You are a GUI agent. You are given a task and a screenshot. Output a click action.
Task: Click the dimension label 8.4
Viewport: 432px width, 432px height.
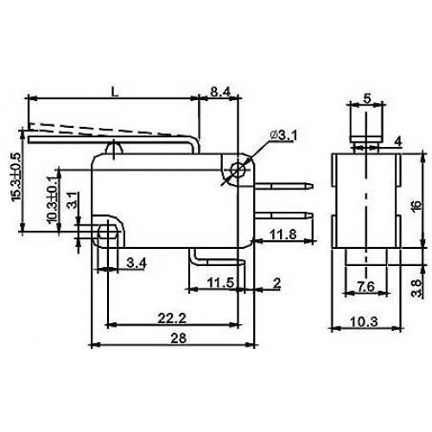pyautogui.click(x=220, y=92)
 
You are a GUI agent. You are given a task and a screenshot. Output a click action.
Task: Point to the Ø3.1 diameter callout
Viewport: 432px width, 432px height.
pyautogui.click(x=284, y=135)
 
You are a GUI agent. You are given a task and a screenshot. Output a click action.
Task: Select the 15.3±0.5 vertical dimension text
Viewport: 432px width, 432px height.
pyautogui.click(x=16, y=176)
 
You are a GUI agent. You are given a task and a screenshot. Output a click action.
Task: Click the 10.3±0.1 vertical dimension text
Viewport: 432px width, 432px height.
pyautogui.click(x=52, y=199)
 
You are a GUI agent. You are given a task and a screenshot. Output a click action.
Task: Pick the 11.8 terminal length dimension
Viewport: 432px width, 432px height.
pyautogui.click(x=283, y=234)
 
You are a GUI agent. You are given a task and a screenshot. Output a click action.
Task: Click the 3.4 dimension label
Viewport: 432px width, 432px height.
pyautogui.click(x=137, y=263)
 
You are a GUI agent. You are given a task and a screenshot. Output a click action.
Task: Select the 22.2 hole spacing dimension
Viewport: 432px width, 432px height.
pyautogui.click(x=172, y=318)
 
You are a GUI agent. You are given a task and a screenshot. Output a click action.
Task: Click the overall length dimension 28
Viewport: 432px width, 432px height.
pyautogui.click(x=179, y=338)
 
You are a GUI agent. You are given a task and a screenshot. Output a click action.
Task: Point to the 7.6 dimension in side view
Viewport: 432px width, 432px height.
pyautogui.click(x=365, y=287)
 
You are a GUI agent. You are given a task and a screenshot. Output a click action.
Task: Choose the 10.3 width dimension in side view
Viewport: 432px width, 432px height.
pyautogui.click(x=365, y=321)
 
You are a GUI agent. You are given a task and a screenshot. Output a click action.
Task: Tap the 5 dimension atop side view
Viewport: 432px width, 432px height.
pyautogui.click(x=366, y=98)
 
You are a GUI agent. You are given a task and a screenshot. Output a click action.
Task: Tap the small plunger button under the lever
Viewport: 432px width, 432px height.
pyautogui.click(x=115, y=149)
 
